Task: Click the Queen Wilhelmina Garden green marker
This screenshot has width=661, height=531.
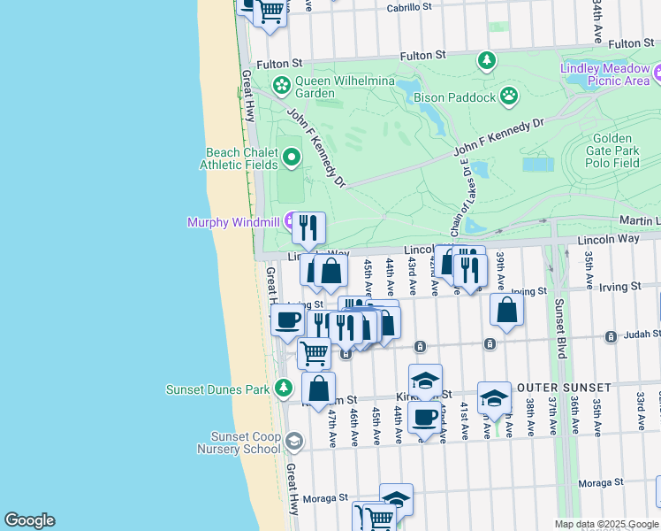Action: click(282, 86)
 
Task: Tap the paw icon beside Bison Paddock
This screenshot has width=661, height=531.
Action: click(509, 95)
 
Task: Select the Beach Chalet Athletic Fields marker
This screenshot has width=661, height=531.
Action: click(293, 158)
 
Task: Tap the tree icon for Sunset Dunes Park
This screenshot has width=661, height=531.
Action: click(283, 389)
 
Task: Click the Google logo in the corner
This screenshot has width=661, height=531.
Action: click(29, 520)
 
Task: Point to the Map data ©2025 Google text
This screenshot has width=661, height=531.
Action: click(605, 523)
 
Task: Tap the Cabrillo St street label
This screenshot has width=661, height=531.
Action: click(409, 7)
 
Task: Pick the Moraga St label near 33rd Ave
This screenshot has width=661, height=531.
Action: click(601, 483)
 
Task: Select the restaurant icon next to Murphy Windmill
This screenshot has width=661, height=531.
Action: click(308, 228)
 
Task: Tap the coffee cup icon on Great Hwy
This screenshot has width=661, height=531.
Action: click(285, 320)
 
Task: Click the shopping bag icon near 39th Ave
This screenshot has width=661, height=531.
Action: click(506, 310)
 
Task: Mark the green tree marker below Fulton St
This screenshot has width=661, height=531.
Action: click(486, 60)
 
